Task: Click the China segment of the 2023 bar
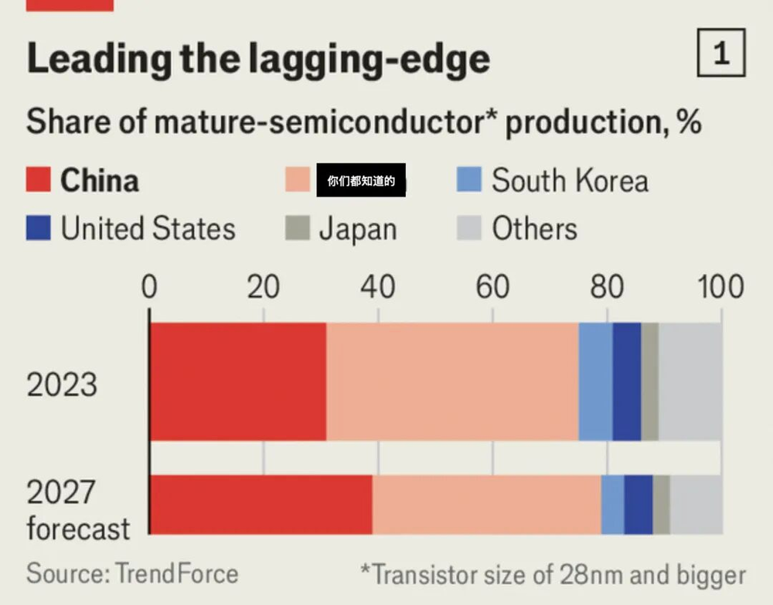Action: [x=238, y=381]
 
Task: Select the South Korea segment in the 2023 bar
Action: [x=595, y=381]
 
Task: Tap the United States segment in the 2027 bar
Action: [x=638, y=504]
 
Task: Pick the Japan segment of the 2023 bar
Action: [x=650, y=381]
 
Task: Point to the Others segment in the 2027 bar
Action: [x=696, y=504]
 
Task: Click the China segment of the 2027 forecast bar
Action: [x=261, y=504]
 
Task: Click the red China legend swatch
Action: [x=39, y=181]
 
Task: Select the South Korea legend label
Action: [x=570, y=181]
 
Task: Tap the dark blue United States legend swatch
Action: [x=39, y=229]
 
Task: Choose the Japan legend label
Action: [x=358, y=229]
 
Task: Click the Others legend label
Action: [x=534, y=229]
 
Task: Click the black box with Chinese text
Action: [x=361, y=181]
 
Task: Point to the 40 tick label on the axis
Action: [x=378, y=288]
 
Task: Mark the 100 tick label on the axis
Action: [x=721, y=288]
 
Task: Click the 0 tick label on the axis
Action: [x=149, y=288]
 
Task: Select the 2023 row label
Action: [x=62, y=385]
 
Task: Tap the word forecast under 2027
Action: [x=78, y=530]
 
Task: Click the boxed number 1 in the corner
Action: [x=721, y=53]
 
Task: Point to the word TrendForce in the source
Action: [x=177, y=574]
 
